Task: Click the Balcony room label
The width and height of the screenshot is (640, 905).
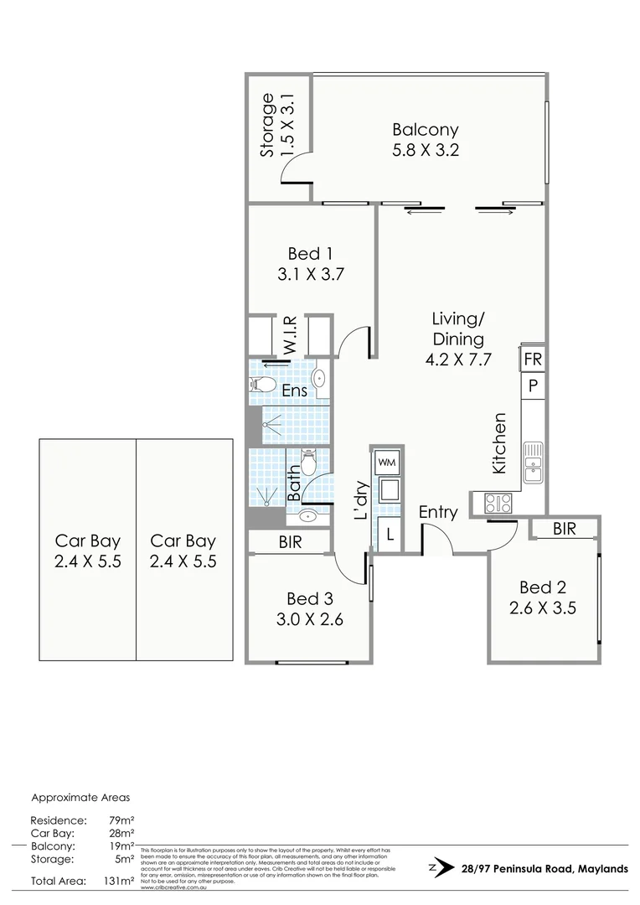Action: click(426, 130)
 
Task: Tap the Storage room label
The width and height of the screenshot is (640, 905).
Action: click(268, 126)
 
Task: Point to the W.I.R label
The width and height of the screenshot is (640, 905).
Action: click(288, 335)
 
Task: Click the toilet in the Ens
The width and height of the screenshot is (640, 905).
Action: click(262, 385)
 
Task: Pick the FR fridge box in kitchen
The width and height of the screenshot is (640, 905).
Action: click(533, 359)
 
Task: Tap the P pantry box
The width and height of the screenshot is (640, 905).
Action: click(533, 386)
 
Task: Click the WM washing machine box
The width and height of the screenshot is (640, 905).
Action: click(387, 462)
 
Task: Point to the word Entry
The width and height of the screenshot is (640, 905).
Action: click(438, 512)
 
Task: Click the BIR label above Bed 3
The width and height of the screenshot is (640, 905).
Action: click(291, 542)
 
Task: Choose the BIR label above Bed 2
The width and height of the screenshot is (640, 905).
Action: click(565, 529)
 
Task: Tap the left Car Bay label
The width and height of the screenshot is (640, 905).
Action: click(87, 540)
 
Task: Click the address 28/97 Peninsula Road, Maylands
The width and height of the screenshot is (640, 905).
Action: click(544, 869)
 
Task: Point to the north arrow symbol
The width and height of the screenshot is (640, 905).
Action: click(433, 868)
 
